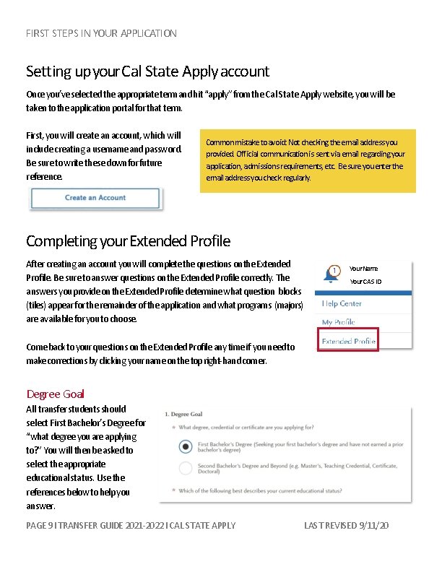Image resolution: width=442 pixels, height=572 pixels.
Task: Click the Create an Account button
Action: (95, 198)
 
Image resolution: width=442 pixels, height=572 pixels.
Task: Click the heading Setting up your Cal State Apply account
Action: (147, 71)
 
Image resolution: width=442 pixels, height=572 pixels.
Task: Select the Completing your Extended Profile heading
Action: (128, 240)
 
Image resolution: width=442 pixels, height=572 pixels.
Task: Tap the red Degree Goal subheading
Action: (56, 394)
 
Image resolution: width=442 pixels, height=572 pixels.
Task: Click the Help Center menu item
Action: (342, 303)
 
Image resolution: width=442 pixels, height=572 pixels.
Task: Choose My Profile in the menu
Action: (339, 322)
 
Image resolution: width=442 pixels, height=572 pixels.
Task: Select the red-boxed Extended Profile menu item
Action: (348, 341)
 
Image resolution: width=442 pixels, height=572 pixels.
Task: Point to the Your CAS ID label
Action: (365, 281)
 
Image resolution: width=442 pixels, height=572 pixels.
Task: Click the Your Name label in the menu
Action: (363, 268)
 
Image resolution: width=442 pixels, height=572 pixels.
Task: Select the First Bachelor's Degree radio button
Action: (185, 447)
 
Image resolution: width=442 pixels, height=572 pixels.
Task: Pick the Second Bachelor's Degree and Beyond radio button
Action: (185, 468)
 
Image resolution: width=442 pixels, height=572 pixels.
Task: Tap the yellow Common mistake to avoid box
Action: (308, 160)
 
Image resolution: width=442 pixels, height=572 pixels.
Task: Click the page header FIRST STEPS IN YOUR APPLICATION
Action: (101, 33)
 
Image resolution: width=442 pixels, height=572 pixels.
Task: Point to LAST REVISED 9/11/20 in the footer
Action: (347, 525)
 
